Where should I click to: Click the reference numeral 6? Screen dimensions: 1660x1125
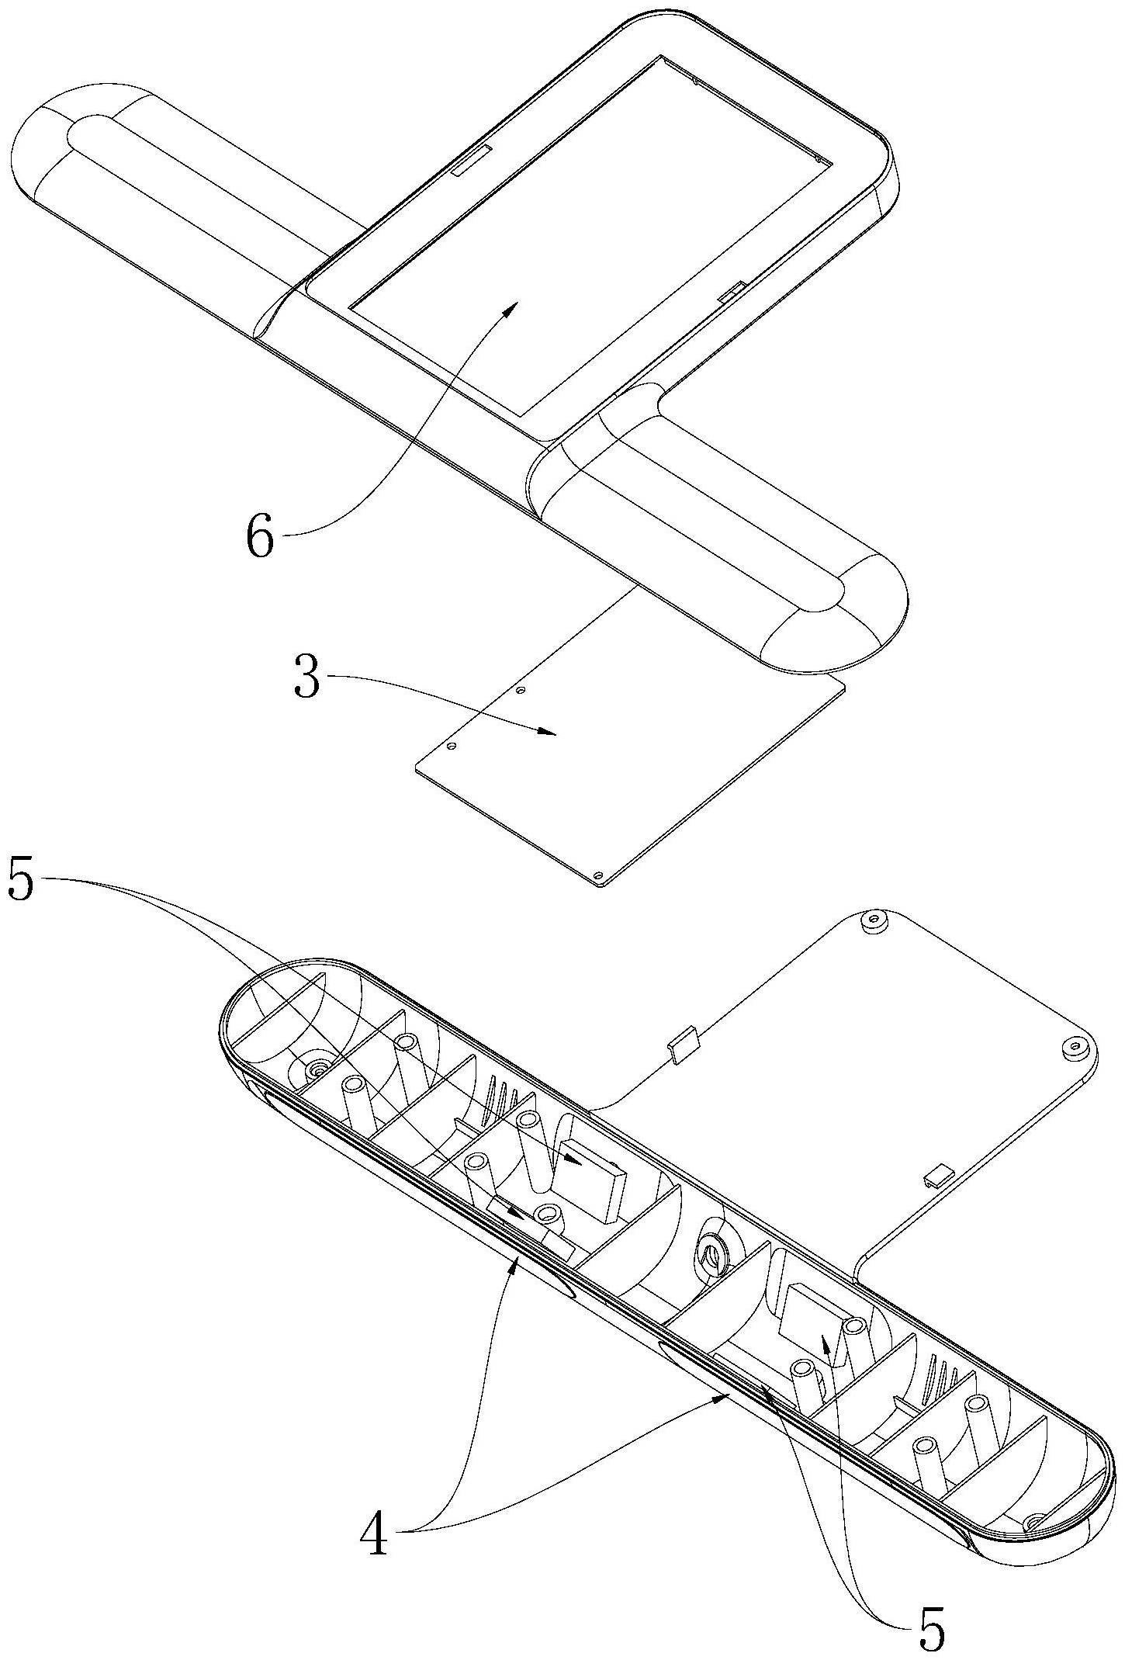point(261,537)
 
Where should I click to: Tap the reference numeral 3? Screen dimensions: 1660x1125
point(307,676)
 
